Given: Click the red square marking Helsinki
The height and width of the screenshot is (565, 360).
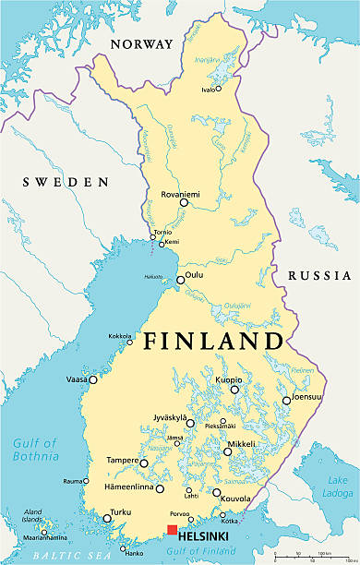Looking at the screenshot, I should [172, 529].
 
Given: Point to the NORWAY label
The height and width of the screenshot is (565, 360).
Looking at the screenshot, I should [141, 44].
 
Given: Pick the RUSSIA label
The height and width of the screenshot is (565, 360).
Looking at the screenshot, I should [318, 275].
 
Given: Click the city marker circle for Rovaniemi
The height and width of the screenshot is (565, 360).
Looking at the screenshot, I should [184, 202].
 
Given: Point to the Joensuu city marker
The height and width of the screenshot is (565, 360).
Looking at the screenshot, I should [286, 400].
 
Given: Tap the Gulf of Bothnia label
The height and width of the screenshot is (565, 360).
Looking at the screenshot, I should [35, 449].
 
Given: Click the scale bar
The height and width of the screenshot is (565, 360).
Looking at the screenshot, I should [317, 556].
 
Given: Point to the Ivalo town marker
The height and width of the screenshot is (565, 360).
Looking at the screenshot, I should [218, 90].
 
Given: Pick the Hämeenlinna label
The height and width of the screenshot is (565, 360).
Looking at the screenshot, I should [126, 487].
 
